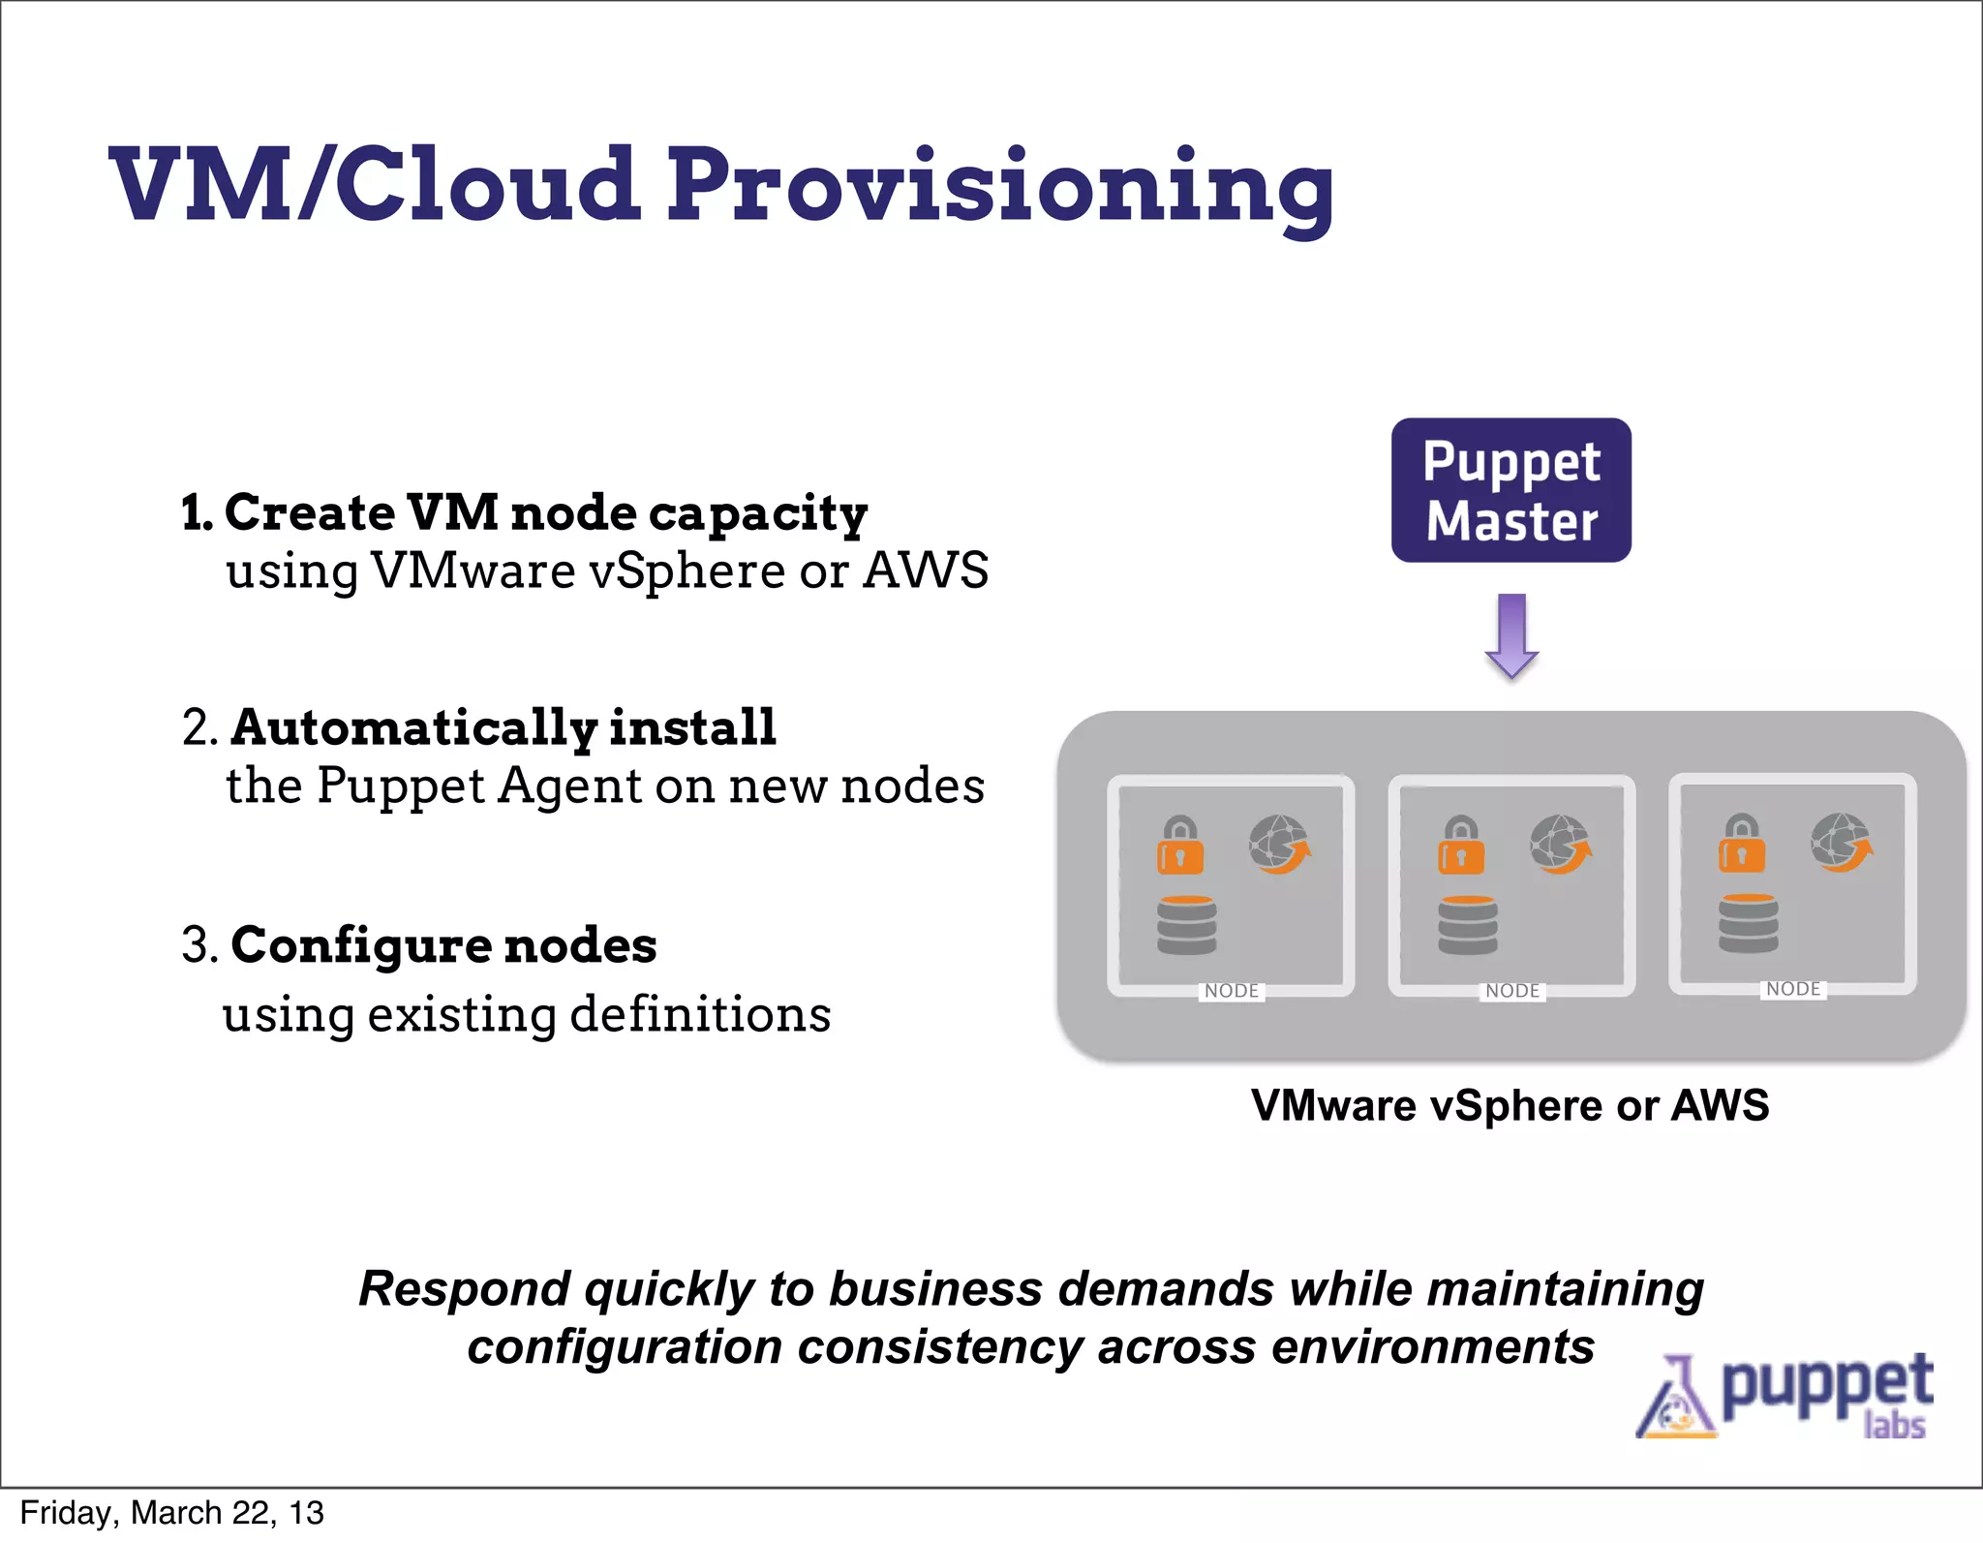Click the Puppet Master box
[1510, 490]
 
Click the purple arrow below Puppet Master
[1511, 635]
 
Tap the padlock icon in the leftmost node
[1180, 846]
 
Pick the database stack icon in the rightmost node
[1748, 923]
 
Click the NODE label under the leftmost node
[1232, 991]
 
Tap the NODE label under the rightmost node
[1793, 989]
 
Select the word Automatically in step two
[414, 727]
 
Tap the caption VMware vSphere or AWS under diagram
[1510, 1105]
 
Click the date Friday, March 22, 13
[171, 1513]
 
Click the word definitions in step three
[700, 1015]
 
